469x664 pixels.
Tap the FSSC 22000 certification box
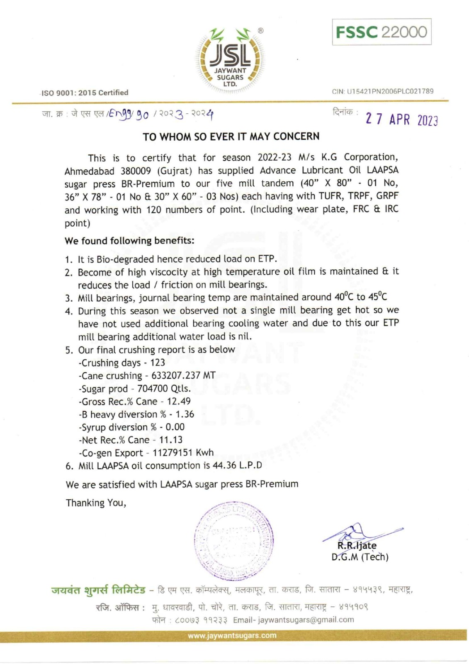(x=382, y=32)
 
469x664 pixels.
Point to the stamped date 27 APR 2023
(x=401, y=119)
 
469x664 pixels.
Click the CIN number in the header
(x=383, y=91)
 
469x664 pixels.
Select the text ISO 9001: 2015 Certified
(x=85, y=93)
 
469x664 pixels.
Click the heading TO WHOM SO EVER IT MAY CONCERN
(x=231, y=137)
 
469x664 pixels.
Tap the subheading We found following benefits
(x=129, y=241)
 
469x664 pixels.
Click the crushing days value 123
(x=158, y=363)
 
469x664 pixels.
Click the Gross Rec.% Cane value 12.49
(x=179, y=401)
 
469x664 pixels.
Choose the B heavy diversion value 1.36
(x=185, y=414)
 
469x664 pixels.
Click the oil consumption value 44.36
(x=224, y=465)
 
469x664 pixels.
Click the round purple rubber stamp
(x=233, y=540)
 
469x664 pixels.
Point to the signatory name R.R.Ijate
(x=357, y=546)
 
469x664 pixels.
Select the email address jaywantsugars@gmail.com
(x=306, y=620)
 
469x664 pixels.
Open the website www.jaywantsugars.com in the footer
(x=232, y=635)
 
